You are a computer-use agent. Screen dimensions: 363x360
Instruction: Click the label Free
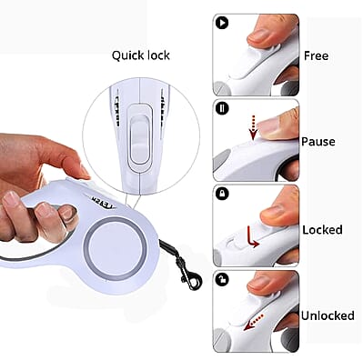coord(316,55)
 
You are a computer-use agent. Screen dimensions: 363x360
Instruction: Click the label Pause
coord(318,142)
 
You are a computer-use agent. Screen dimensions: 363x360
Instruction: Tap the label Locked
coord(322,230)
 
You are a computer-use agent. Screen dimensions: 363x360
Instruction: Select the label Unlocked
coord(328,315)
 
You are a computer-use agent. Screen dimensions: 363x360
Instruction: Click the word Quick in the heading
coord(127,55)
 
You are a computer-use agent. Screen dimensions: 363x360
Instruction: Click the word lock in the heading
coord(158,55)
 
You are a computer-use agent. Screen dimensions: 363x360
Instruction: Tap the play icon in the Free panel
coord(222,23)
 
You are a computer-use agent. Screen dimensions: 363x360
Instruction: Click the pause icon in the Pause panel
coord(222,108)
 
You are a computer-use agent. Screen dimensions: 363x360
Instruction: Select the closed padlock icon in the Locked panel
coord(222,194)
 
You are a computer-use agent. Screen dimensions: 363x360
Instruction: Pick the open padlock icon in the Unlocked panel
coord(222,280)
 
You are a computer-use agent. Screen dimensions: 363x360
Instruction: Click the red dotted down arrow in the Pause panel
coord(253,128)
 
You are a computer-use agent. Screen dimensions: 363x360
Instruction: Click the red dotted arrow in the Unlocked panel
coord(254,322)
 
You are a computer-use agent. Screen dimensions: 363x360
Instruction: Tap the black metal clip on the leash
coord(187,270)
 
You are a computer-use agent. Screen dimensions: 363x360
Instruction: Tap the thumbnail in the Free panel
coord(260,35)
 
